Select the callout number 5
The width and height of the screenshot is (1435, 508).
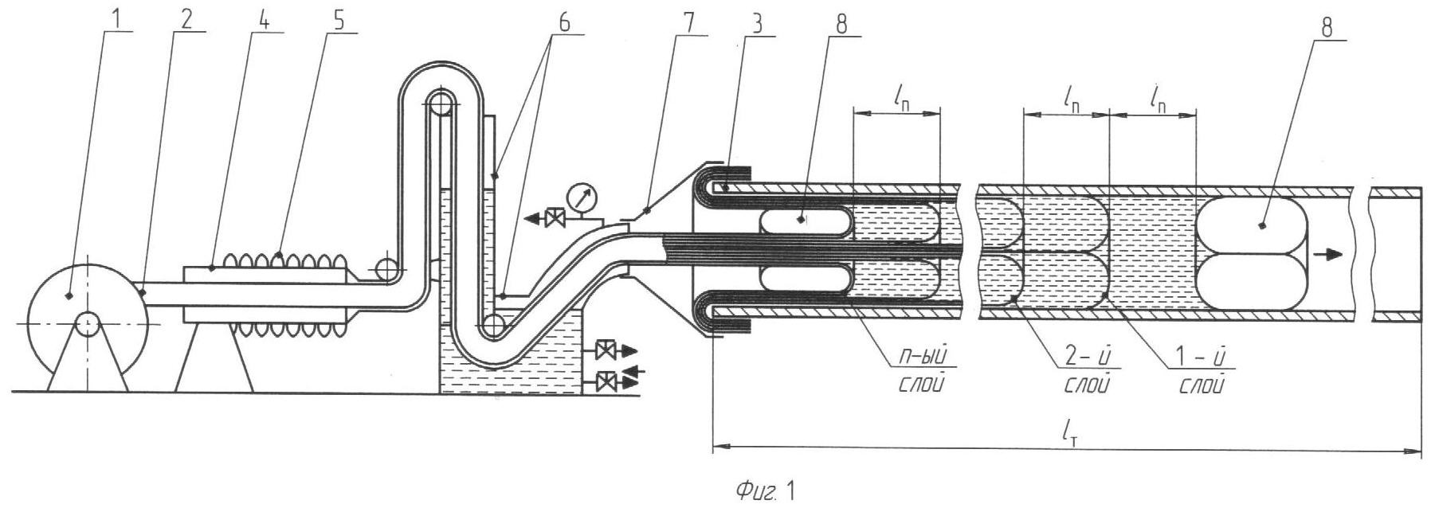(340, 21)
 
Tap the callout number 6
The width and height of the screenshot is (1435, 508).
(563, 21)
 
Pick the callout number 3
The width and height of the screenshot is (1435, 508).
(756, 23)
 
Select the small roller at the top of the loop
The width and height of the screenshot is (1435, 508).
(441, 104)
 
